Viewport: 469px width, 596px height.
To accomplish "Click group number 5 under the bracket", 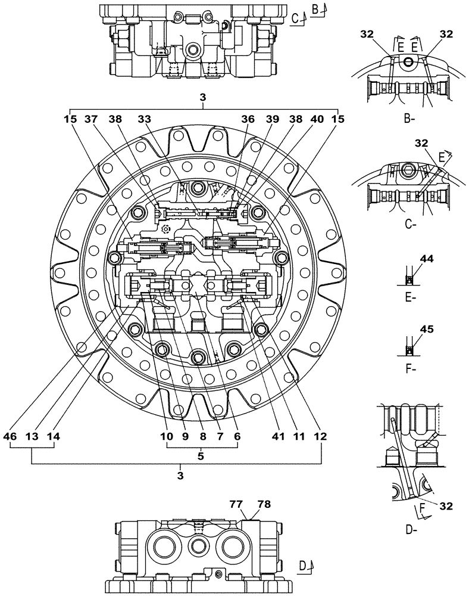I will tap(201, 456).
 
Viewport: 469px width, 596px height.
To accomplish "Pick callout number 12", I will tap(321, 436).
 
